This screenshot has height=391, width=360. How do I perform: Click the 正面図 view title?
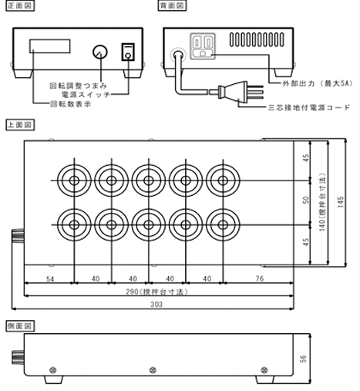pos(18,5)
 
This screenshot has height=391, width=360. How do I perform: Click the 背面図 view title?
pos(173,5)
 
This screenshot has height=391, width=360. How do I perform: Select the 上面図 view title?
pos(18,123)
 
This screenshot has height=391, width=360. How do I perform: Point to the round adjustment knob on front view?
pos(98,52)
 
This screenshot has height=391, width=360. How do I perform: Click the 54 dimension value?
pos(49,278)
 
